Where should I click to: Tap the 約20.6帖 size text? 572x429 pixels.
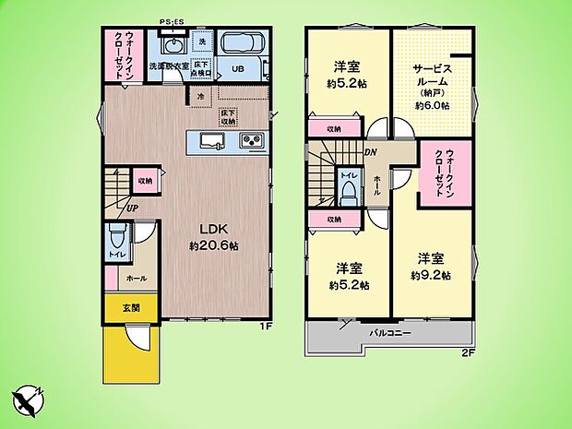(x=215, y=246)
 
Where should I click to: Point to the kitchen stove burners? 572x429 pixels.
(x=252, y=141)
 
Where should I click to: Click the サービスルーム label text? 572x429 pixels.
(x=432, y=74)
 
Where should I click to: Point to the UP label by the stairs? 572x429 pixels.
(x=133, y=207)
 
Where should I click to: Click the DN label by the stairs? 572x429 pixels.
(x=370, y=152)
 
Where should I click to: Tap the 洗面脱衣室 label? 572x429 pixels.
(x=170, y=66)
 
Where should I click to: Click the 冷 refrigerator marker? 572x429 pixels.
(x=199, y=96)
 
